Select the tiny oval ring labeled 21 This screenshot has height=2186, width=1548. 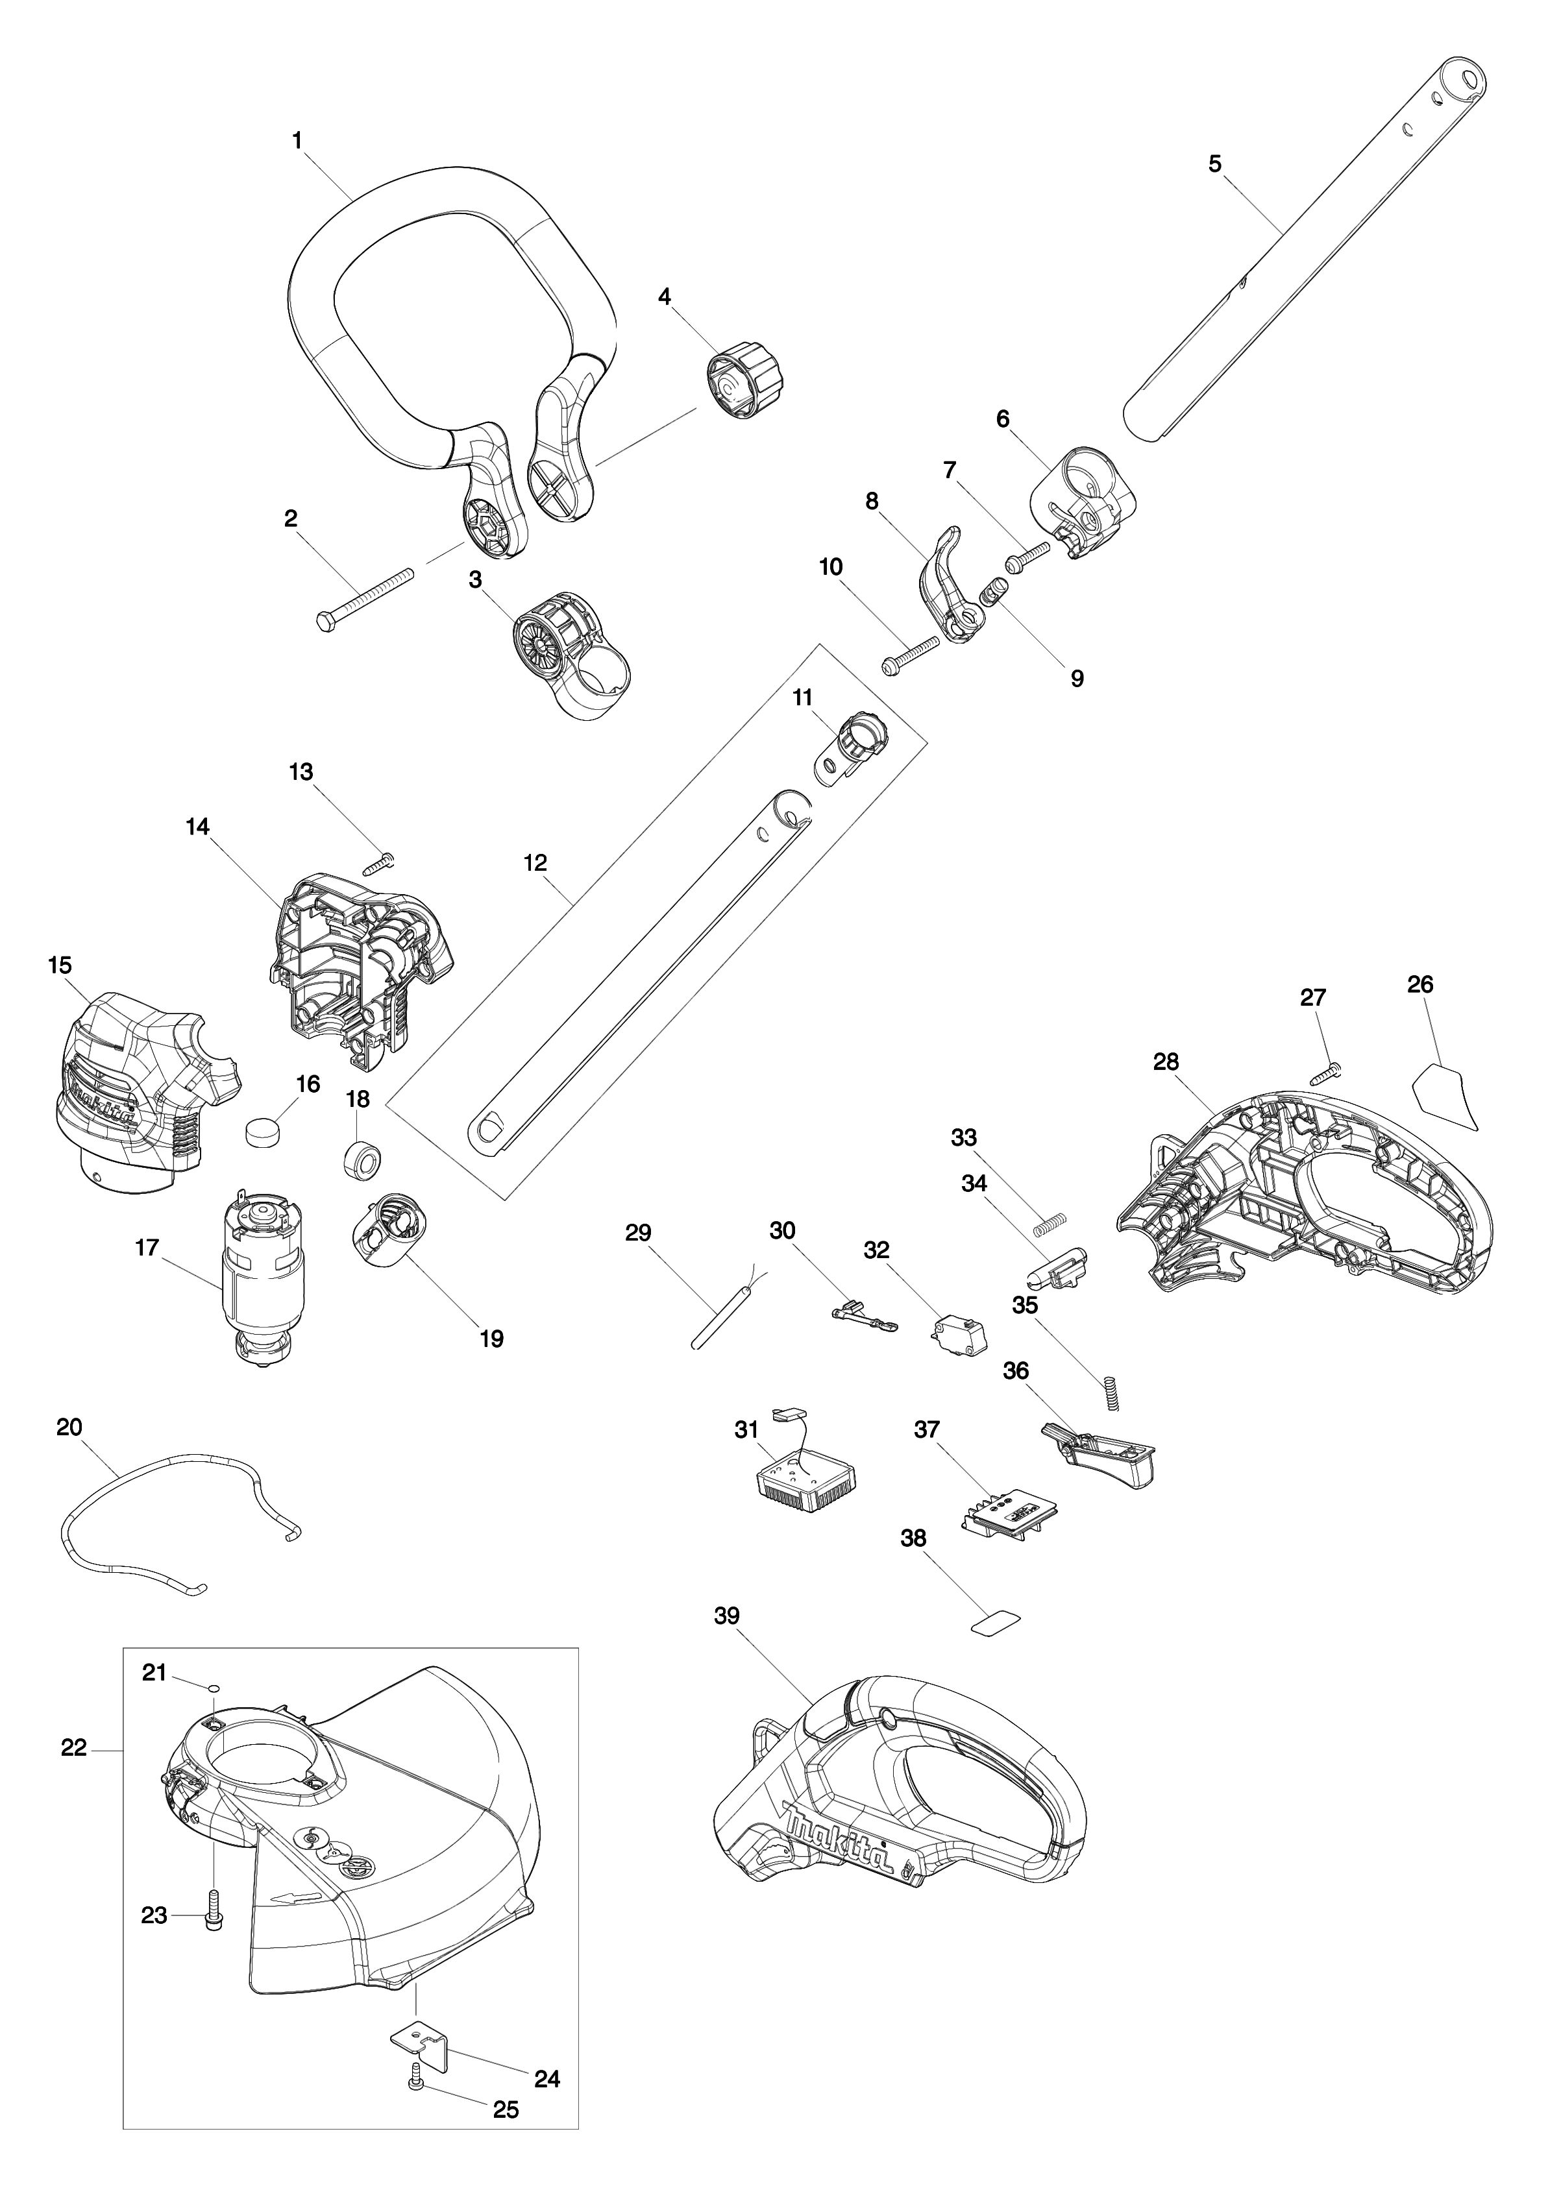click(215, 1686)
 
